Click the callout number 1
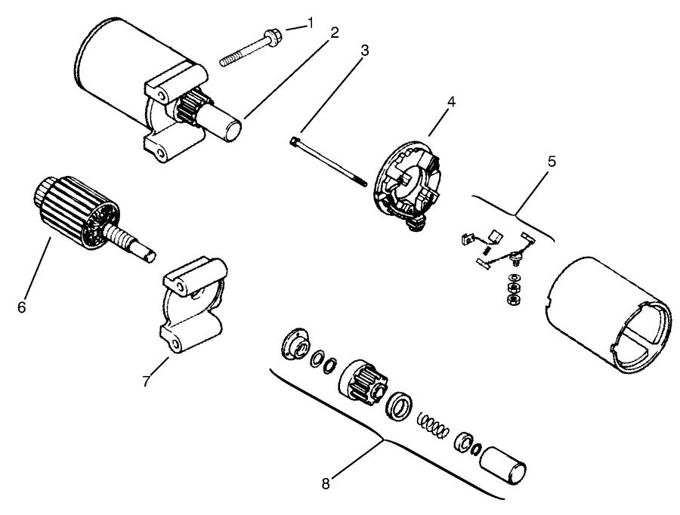(x=310, y=23)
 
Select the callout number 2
(x=333, y=33)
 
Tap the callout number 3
(x=364, y=51)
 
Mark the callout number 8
(x=326, y=484)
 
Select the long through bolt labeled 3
(x=329, y=160)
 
